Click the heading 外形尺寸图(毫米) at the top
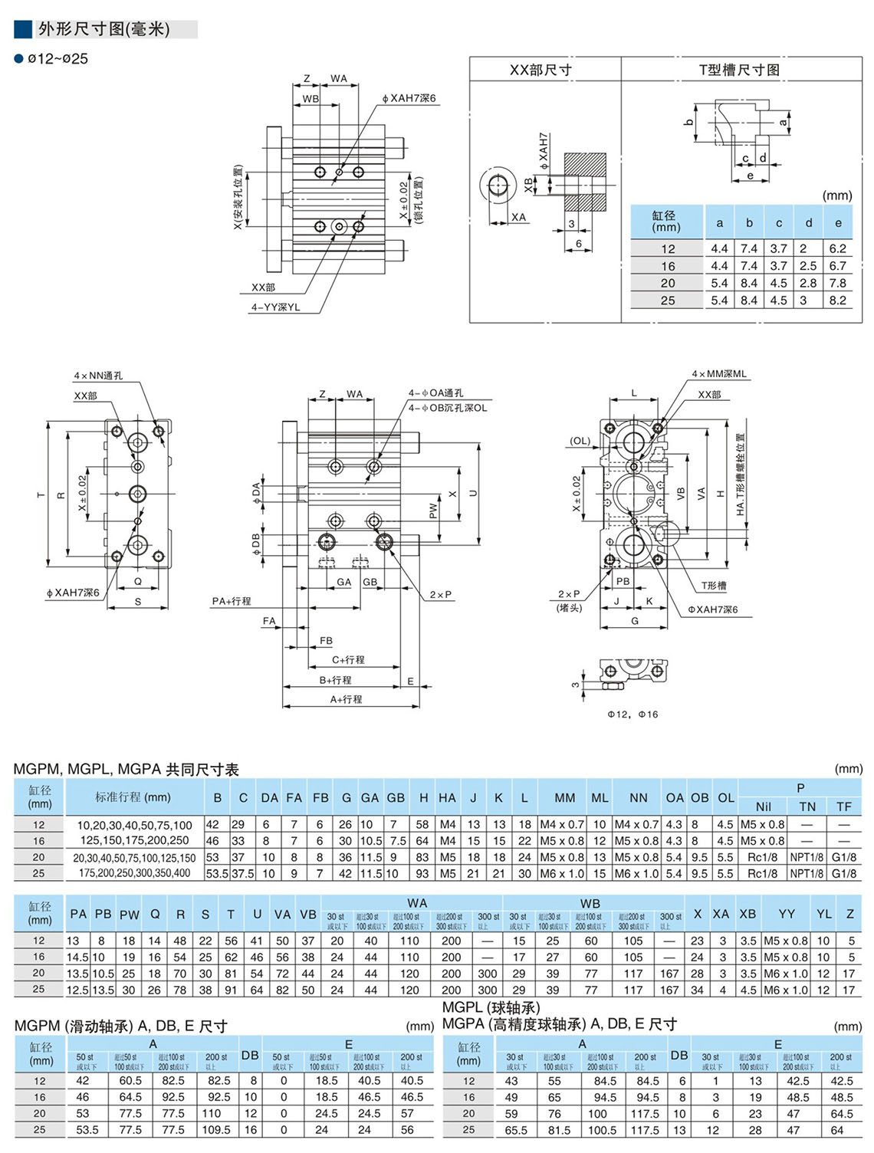tap(103, 29)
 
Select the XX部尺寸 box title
tap(540, 70)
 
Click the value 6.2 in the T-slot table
tap(837, 248)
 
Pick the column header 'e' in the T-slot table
tap(838, 223)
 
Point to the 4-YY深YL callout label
tap(275, 307)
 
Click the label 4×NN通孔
tap(98, 376)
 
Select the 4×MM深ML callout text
tap(718, 374)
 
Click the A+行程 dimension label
tap(346, 699)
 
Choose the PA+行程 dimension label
tap(231, 601)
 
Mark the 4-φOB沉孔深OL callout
tap(447, 408)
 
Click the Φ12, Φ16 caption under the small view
tap(632, 714)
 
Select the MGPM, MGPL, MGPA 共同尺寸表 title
tap(126, 769)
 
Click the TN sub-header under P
tap(807, 806)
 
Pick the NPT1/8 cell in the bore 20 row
tap(807, 857)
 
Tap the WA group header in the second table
tap(417, 903)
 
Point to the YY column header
tap(786, 914)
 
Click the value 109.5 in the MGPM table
tap(215, 1129)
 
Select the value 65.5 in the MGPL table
tap(516, 1130)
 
